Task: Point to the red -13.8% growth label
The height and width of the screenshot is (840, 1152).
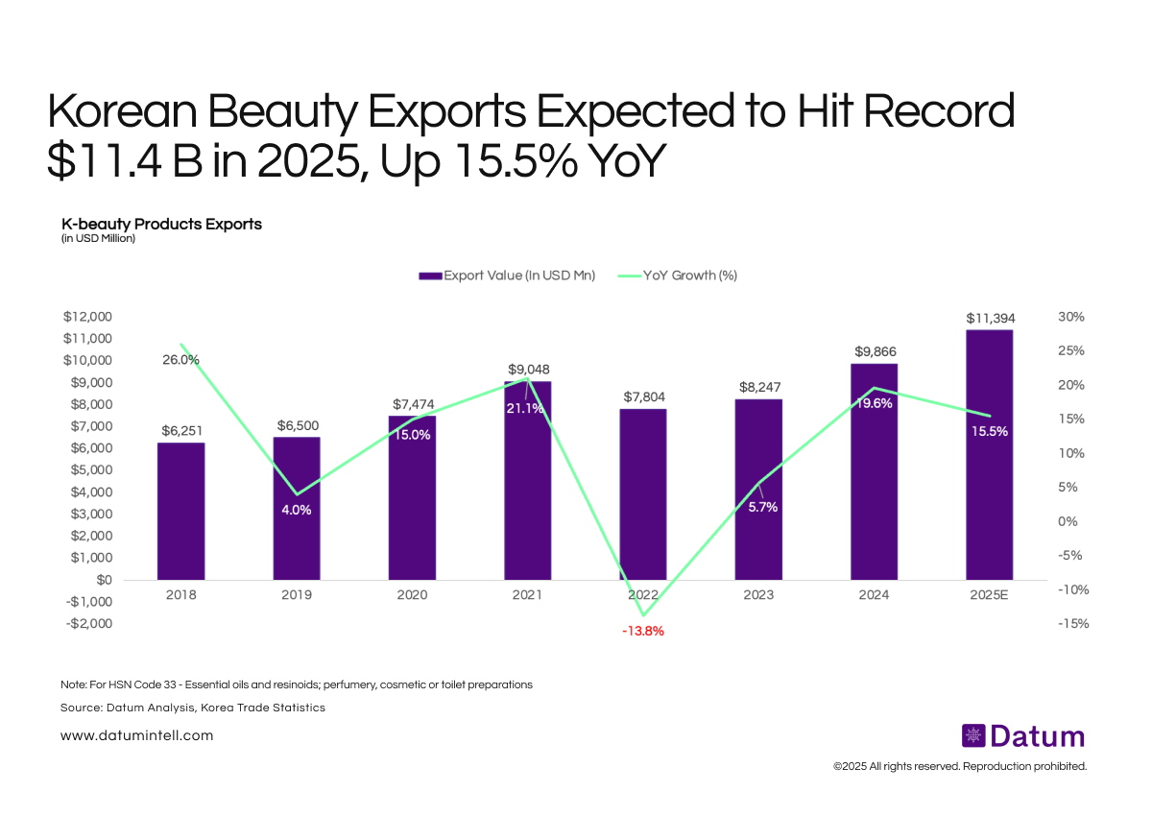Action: click(642, 632)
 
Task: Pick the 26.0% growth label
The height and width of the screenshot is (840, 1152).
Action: click(180, 360)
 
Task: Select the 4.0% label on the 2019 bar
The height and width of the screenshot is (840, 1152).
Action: click(296, 510)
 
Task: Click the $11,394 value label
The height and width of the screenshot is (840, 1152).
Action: click(990, 318)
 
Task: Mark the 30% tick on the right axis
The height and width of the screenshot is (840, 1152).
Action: click(1071, 317)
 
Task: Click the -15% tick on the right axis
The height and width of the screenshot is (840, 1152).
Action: click(1071, 623)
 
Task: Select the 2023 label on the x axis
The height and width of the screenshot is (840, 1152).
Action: click(758, 595)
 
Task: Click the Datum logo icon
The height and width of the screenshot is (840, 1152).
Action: click(973, 736)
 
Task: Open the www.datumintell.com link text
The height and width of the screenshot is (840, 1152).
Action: click(136, 735)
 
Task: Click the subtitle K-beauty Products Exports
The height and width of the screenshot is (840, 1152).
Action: click(161, 224)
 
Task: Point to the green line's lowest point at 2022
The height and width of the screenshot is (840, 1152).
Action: click(642, 615)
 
